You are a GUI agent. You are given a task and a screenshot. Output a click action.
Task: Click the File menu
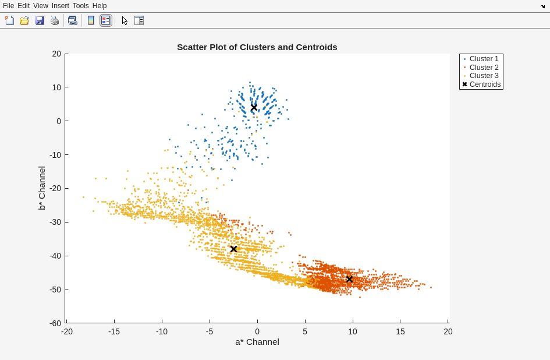tap(8, 6)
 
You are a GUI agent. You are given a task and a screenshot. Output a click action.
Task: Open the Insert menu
tap(60, 6)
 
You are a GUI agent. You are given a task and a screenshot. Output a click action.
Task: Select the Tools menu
tap(81, 6)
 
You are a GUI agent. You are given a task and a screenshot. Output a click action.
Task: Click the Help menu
tap(100, 6)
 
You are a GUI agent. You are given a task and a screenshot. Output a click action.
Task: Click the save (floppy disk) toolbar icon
tap(40, 20)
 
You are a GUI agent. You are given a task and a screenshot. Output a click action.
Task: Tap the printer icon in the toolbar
tap(55, 20)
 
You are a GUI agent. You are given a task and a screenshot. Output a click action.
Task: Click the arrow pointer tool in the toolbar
tap(125, 20)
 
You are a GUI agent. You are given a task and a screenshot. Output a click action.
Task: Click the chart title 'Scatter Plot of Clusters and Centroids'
tap(257, 47)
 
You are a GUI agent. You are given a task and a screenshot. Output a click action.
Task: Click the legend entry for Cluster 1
tap(484, 59)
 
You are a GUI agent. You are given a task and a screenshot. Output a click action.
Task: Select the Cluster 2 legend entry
tap(484, 68)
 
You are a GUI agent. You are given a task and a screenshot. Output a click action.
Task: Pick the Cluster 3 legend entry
tap(484, 76)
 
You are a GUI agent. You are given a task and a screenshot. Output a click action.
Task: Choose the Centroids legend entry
tap(485, 84)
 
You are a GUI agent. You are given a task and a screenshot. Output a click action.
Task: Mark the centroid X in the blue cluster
tap(254, 108)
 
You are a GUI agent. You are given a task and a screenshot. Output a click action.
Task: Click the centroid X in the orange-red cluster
tap(349, 280)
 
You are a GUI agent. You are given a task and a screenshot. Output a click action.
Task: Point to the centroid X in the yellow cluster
tap(233, 249)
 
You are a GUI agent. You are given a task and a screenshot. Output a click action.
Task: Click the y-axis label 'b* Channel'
tap(42, 188)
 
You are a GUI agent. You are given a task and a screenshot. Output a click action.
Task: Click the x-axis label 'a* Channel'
tap(257, 342)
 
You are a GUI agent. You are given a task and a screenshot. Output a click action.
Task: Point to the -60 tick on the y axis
tap(55, 323)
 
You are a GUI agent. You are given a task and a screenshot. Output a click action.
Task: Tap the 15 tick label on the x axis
tap(400, 331)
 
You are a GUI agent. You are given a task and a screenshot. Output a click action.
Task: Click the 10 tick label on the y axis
tap(56, 87)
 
